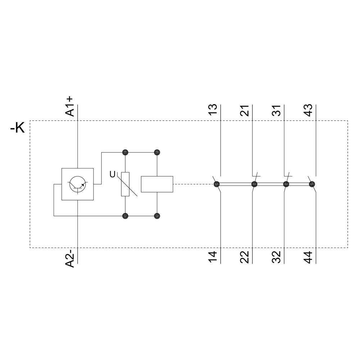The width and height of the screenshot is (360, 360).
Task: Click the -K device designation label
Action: click(x=18, y=127)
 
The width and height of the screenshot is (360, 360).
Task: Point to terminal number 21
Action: click(x=244, y=110)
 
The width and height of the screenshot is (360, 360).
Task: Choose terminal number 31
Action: click(x=276, y=110)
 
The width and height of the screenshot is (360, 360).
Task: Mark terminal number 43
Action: click(x=308, y=110)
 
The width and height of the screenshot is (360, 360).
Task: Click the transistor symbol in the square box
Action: click(x=77, y=184)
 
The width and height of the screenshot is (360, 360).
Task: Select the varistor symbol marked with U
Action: click(x=125, y=184)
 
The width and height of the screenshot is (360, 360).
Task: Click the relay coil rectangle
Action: click(x=157, y=184)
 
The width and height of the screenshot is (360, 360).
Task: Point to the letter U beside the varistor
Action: click(x=112, y=175)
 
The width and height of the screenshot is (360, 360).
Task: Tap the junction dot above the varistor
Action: click(x=125, y=152)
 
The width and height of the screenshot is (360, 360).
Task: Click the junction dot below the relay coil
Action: click(x=157, y=216)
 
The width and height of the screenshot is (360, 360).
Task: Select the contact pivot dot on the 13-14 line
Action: click(x=217, y=184)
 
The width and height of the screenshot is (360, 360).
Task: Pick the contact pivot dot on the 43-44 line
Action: click(x=312, y=184)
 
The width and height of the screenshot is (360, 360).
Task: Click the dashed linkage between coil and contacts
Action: click(x=194, y=184)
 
